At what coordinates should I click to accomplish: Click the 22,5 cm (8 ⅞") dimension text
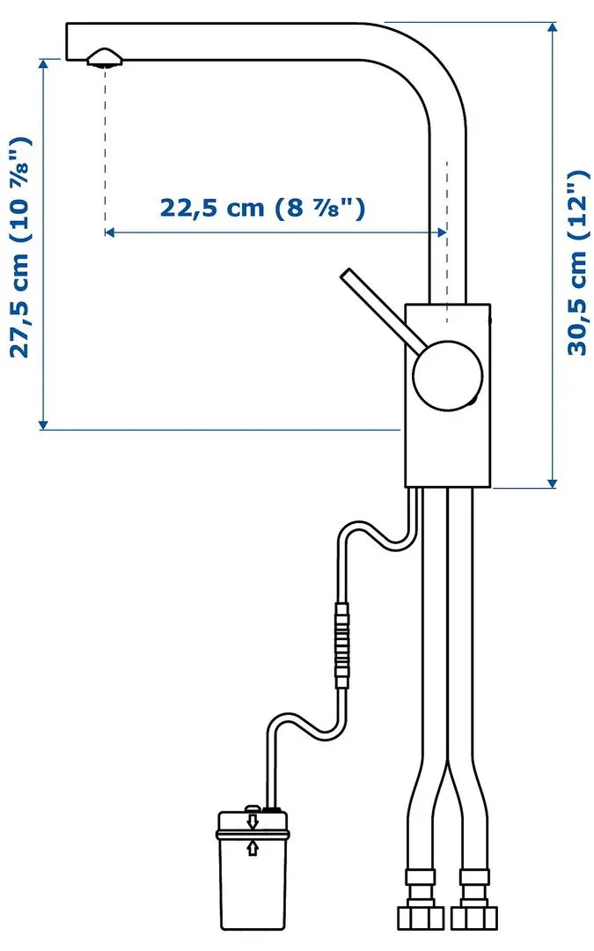click(x=261, y=208)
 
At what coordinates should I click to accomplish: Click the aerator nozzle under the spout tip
click(x=105, y=58)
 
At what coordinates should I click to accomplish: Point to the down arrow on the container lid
click(x=253, y=822)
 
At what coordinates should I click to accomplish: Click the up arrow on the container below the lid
click(x=253, y=848)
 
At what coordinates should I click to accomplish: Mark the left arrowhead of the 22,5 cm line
click(x=110, y=232)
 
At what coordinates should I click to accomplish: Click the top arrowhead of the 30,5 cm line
click(x=553, y=28)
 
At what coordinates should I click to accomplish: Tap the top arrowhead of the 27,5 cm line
click(x=42, y=64)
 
